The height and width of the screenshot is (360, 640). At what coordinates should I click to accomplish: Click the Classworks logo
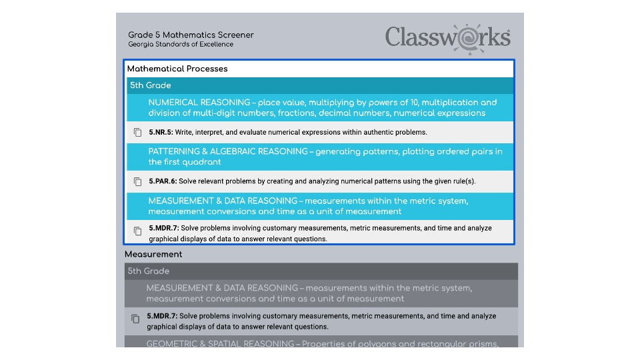tap(448, 37)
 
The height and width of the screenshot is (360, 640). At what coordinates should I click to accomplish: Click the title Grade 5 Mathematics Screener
tap(191, 35)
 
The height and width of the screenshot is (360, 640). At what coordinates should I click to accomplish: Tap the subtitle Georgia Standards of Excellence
tap(181, 45)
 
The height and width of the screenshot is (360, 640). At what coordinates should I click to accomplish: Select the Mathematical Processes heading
tap(177, 69)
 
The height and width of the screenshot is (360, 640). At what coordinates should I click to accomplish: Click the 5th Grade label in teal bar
tap(150, 85)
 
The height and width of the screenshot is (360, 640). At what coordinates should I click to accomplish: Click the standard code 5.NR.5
tap(161, 132)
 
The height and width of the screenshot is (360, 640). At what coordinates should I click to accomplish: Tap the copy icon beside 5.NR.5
tap(138, 132)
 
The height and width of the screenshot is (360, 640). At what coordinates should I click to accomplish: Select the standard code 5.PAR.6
tap(163, 181)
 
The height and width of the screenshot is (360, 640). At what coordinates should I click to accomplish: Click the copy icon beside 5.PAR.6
tap(138, 181)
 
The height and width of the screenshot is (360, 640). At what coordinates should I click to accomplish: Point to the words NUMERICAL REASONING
tap(199, 103)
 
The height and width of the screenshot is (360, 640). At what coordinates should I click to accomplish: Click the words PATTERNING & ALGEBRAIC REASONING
tap(228, 151)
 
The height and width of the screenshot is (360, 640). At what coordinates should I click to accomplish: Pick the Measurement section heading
tap(153, 254)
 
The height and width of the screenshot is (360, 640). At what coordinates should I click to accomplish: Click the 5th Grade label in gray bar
tap(149, 271)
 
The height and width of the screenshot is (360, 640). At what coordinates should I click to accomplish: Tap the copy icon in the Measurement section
tap(135, 319)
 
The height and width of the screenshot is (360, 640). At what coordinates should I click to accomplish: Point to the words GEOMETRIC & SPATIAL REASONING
tap(219, 344)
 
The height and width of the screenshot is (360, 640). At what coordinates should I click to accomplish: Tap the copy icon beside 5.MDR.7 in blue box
tap(138, 231)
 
